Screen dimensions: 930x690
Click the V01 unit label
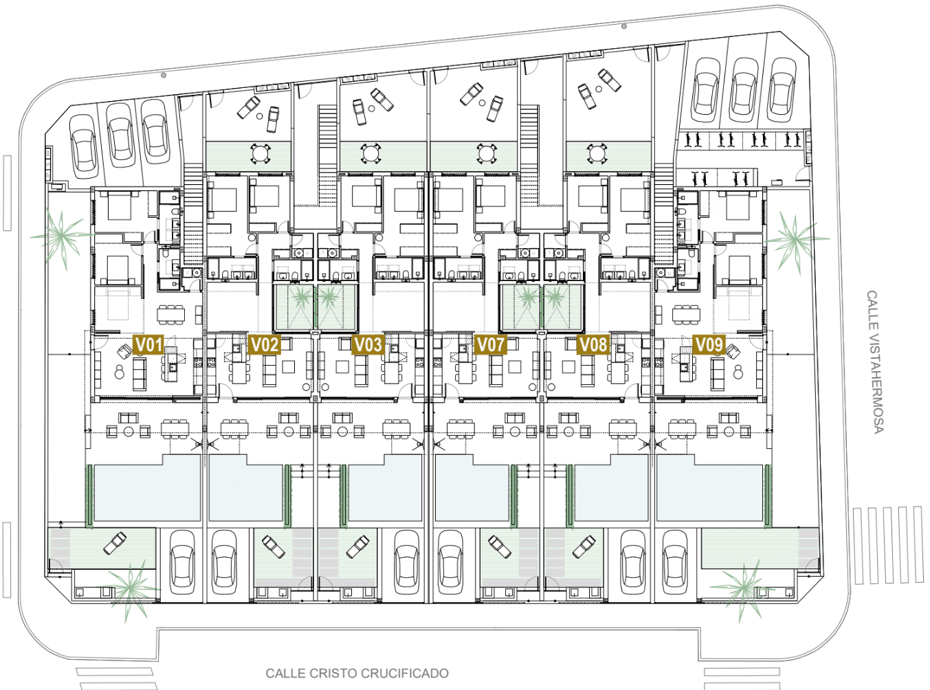click(x=148, y=345)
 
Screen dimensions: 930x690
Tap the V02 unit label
click(x=264, y=345)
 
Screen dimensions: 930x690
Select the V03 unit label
click(x=368, y=345)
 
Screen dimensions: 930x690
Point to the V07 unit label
click(x=490, y=345)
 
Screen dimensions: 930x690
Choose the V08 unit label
click(x=593, y=345)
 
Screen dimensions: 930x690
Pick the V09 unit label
click(x=709, y=345)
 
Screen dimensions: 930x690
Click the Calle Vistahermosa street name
click(x=874, y=362)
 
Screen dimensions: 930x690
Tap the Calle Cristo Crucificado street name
click(x=357, y=674)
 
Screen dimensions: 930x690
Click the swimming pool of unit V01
click(x=147, y=489)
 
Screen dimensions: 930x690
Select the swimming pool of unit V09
click(x=709, y=489)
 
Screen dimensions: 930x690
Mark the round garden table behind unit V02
click(x=261, y=154)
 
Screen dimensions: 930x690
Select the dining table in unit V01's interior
click(x=170, y=314)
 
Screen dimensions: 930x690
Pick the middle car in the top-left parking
click(x=120, y=135)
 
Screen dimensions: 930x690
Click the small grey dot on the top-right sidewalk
click(x=624, y=26)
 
